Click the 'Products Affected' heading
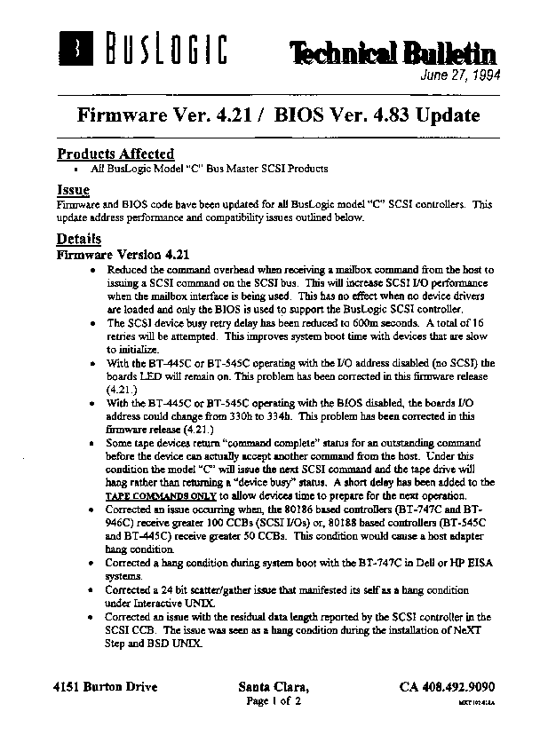[x=115, y=154]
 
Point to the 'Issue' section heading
[x=73, y=191]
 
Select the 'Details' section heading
[x=79, y=239]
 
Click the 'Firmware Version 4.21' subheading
[x=123, y=254]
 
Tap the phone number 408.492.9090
[x=447, y=687]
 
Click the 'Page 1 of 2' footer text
[x=274, y=701]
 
